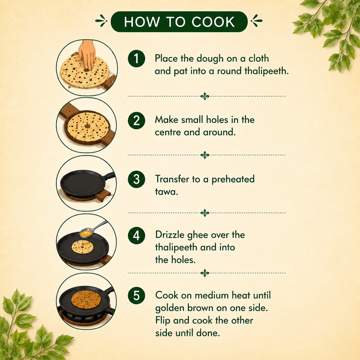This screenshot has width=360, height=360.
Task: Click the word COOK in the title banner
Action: coord(213,22)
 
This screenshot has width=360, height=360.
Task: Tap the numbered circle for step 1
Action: coord(136,59)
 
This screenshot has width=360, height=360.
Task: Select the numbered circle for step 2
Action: coord(136,120)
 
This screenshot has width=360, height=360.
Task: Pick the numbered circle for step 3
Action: coord(136,179)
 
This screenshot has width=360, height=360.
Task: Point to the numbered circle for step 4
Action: coord(136,235)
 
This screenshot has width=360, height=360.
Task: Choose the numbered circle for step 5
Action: coord(136,295)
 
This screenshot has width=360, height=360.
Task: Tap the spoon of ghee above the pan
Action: coord(92,230)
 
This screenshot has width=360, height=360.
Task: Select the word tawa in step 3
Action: coord(166,192)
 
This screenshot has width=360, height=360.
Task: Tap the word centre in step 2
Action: coord(167,132)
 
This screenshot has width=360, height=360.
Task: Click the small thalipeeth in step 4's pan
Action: coord(82,247)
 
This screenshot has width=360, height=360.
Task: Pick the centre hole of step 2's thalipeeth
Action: coord(87,126)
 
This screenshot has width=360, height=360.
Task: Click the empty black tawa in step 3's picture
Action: coord(83,184)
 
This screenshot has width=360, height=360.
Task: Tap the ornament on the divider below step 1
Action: coord(205,96)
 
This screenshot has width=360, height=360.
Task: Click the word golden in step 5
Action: coord(169,308)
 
